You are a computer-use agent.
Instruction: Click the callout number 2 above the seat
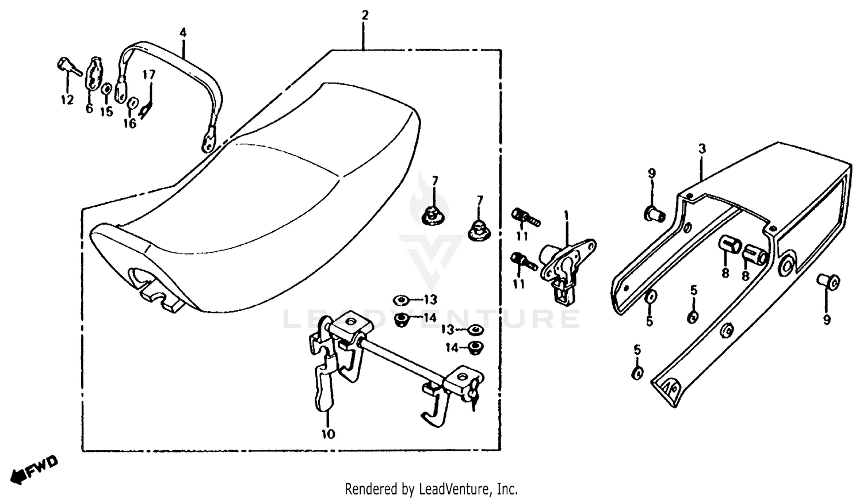(364, 15)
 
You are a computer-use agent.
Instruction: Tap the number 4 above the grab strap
(183, 33)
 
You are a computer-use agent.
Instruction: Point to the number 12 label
(67, 100)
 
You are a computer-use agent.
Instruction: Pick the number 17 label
(149, 75)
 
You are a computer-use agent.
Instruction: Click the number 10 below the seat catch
(328, 434)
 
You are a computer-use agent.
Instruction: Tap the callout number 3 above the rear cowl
(702, 149)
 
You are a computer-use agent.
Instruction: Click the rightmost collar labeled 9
(828, 282)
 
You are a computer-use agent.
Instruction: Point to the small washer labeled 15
(107, 89)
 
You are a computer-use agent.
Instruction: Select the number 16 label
(130, 123)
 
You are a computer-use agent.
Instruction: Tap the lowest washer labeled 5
(637, 373)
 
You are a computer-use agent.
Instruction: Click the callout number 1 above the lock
(566, 216)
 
